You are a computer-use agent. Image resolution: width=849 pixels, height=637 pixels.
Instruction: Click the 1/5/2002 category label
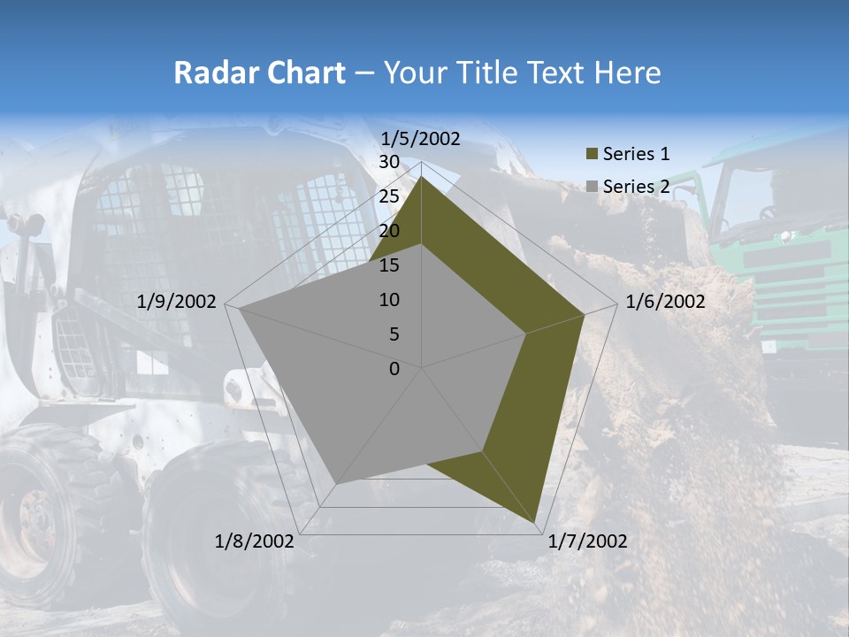pos(420,139)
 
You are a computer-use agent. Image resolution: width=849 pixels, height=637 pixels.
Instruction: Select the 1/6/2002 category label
pos(665,302)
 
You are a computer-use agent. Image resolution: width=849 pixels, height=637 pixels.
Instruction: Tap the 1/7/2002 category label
pos(587,541)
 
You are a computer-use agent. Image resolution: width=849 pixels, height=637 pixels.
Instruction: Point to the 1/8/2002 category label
pos(255,541)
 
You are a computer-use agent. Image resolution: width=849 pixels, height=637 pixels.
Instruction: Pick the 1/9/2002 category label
pos(177,302)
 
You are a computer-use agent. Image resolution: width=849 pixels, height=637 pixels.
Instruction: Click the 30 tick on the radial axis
pos(389,162)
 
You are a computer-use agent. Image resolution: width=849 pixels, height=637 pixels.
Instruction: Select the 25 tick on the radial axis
pos(389,196)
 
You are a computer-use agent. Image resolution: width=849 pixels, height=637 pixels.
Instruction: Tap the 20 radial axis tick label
pos(389,231)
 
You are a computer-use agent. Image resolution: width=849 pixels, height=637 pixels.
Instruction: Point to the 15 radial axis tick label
pos(389,265)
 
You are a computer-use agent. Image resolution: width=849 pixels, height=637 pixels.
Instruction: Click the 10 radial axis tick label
pos(389,300)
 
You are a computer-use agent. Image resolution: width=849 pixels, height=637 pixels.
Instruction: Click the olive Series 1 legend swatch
pos(593,155)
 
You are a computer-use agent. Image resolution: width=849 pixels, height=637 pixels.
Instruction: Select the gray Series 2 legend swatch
pos(593,187)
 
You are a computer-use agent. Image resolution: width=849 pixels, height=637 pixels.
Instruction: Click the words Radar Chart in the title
pos(259,73)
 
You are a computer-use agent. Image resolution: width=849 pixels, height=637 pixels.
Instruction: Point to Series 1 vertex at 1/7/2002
pos(535,523)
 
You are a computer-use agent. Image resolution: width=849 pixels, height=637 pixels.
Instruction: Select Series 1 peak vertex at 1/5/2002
pos(422,177)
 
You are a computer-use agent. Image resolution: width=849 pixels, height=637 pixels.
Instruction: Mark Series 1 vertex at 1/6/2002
pos(585,314)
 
